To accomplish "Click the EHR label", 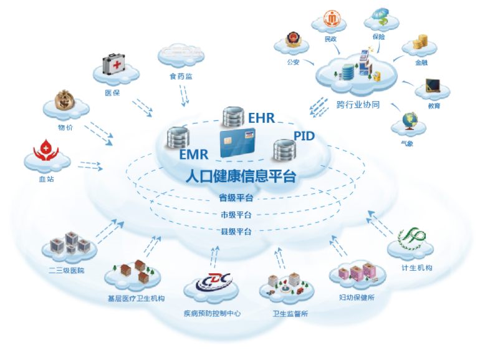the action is pyautogui.click(x=261, y=118).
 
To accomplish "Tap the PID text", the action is pyautogui.click(x=304, y=136).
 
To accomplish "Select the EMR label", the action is pyautogui.click(x=194, y=154).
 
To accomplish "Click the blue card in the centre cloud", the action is pyautogui.click(x=238, y=143).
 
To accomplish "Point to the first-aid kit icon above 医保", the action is pyautogui.click(x=113, y=64).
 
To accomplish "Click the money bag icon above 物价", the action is pyautogui.click(x=65, y=100).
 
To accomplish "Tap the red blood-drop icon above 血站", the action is pyautogui.click(x=46, y=150).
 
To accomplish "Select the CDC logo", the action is pyautogui.click(x=214, y=281).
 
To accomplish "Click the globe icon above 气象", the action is pyautogui.click(x=410, y=121).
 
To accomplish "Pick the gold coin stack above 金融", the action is pyautogui.click(x=420, y=42).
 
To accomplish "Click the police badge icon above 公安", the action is pyautogui.click(x=293, y=39).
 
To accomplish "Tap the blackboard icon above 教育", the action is pyautogui.click(x=433, y=85).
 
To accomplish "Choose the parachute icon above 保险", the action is pyautogui.click(x=381, y=17).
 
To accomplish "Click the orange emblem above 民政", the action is pyautogui.click(x=332, y=18).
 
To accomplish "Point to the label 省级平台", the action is pyautogui.click(x=236, y=198).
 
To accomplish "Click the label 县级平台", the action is pyautogui.click(x=236, y=231).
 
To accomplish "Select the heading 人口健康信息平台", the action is pyautogui.click(x=241, y=176).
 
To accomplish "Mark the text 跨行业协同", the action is pyautogui.click(x=358, y=105).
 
